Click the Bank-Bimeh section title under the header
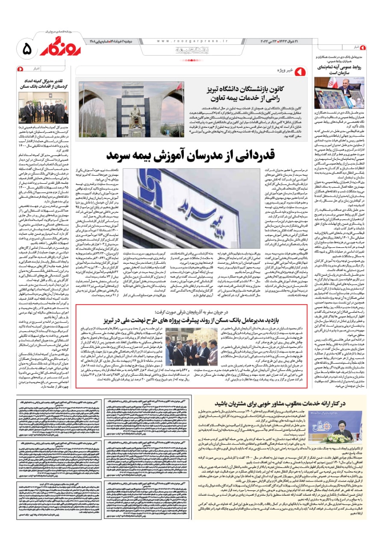[192, 50]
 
